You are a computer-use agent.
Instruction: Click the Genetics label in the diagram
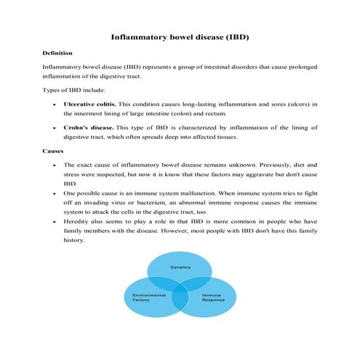click(180, 267)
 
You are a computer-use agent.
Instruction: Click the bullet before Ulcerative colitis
click(57, 104)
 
